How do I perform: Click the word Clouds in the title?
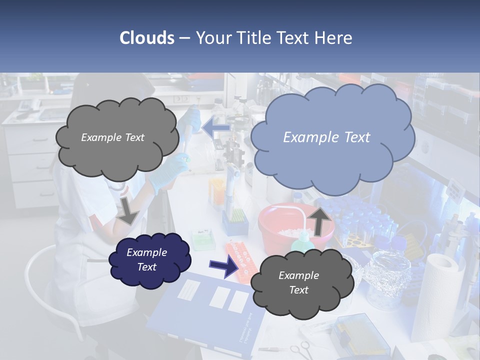(147, 38)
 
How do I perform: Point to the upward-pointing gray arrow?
(320, 220)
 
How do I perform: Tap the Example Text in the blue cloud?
(326, 137)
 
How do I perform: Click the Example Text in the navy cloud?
(146, 259)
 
